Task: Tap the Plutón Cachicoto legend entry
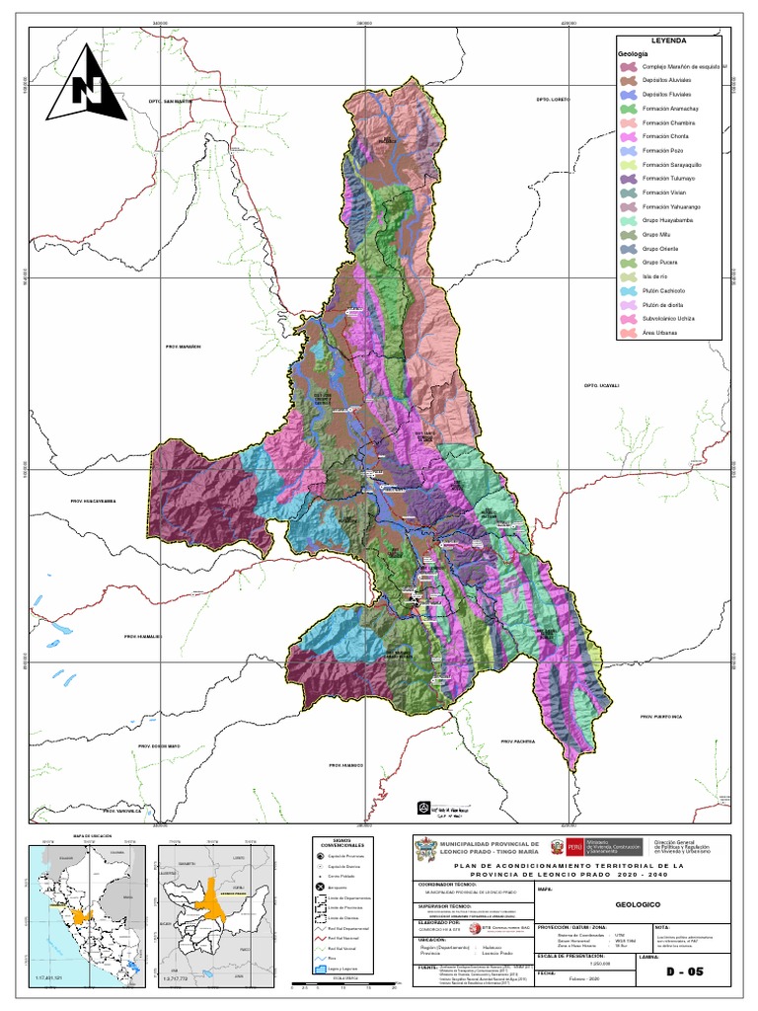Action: point(663,291)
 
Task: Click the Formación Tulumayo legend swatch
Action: point(628,179)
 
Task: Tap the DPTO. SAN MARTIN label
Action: point(167,102)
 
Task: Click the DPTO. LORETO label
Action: point(554,100)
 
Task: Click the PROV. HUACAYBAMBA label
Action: point(94,502)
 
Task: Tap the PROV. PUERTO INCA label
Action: point(660,716)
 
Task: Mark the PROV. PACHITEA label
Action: point(517,740)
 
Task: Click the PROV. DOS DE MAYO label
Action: point(159,745)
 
